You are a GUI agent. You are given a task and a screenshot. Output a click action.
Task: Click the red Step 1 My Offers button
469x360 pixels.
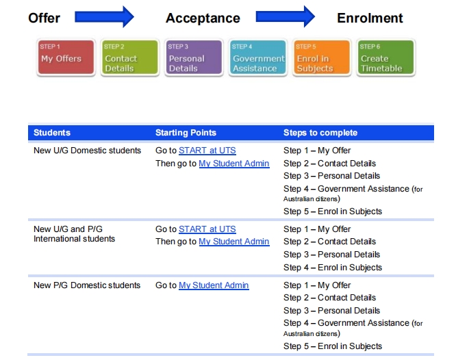[x=66, y=57]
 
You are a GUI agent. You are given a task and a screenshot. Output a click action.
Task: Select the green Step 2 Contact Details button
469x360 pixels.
[x=130, y=57]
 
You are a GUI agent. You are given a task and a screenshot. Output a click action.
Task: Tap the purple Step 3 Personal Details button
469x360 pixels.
[x=194, y=57]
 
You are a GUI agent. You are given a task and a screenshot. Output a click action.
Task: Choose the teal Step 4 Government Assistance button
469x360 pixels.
[x=258, y=57]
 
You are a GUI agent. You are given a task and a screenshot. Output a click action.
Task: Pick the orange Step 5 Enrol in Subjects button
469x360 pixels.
[x=322, y=57]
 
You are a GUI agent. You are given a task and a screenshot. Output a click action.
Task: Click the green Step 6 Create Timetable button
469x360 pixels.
[x=386, y=57]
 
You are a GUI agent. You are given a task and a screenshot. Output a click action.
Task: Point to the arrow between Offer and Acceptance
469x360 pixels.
[x=104, y=16]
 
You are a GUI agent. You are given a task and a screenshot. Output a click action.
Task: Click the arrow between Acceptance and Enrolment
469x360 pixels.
[x=285, y=16]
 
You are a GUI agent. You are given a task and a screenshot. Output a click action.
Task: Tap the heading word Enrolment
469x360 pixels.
[x=370, y=18]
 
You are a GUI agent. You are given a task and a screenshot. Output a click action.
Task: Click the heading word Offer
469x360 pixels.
[x=44, y=18]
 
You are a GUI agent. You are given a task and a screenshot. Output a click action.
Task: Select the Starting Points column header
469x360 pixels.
[x=186, y=133]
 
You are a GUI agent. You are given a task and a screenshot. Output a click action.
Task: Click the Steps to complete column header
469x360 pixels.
[x=320, y=133]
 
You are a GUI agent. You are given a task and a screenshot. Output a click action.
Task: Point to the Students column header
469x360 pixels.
[x=52, y=133]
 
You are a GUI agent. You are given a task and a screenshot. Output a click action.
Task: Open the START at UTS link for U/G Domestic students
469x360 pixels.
[x=207, y=151]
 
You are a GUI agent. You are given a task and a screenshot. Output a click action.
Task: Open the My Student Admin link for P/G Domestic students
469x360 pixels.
[x=214, y=285]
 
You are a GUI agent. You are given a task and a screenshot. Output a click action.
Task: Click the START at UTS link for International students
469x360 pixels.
[x=207, y=229]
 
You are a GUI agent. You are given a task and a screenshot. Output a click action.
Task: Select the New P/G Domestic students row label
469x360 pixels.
[x=87, y=285]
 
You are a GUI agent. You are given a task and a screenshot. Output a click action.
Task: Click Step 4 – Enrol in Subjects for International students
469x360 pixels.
[x=333, y=268]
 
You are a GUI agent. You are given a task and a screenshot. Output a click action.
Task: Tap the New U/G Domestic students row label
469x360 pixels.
[x=87, y=151]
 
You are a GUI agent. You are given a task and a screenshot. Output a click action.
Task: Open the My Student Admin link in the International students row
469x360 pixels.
[x=234, y=242]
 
